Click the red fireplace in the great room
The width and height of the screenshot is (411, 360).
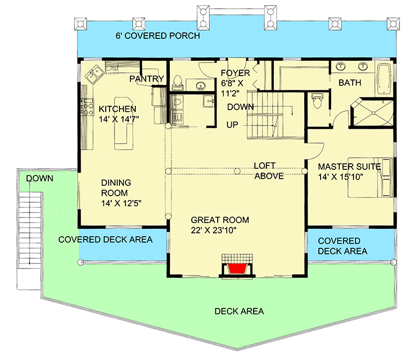[236, 268]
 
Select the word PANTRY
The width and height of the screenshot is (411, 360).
[146, 79]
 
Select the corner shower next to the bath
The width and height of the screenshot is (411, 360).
[373, 113]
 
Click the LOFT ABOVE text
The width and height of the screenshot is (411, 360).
[269, 170]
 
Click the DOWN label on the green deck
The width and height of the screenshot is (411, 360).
[39, 178]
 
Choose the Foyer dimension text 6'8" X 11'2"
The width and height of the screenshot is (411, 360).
[236, 88]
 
